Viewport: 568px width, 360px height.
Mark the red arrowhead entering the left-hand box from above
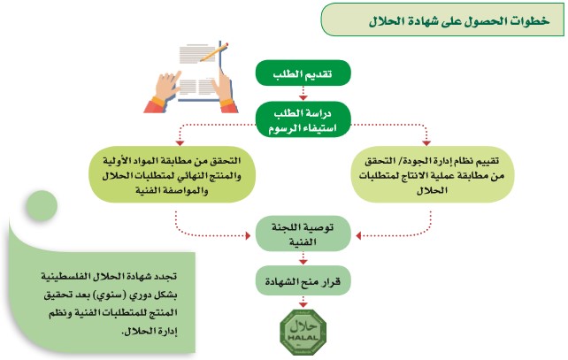click(179, 144)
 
